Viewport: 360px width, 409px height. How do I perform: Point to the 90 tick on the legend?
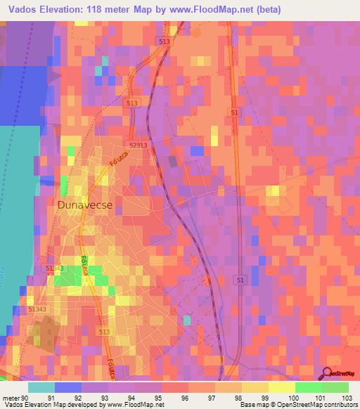25,398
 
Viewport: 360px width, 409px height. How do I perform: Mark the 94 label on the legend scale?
131,398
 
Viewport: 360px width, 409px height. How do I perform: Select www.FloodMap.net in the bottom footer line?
132,405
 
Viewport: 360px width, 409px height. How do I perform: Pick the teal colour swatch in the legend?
41,387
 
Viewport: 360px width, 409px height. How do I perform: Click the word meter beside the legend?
11,398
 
